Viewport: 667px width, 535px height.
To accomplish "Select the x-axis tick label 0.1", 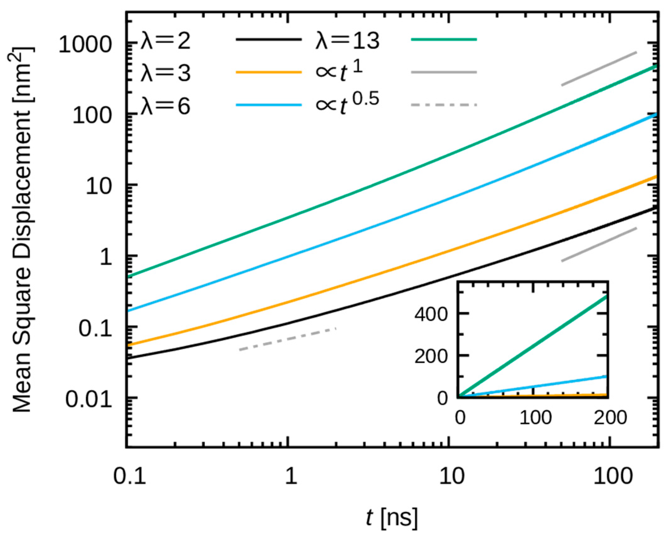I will [130, 476].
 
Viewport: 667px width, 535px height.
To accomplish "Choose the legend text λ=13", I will [347, 41].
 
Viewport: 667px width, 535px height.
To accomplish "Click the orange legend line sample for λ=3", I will [269, 72].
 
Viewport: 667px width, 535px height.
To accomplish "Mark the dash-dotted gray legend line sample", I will [444, 105].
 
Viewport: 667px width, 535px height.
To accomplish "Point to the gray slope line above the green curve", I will [599, 69].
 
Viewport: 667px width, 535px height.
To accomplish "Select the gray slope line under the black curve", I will [599, 244].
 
